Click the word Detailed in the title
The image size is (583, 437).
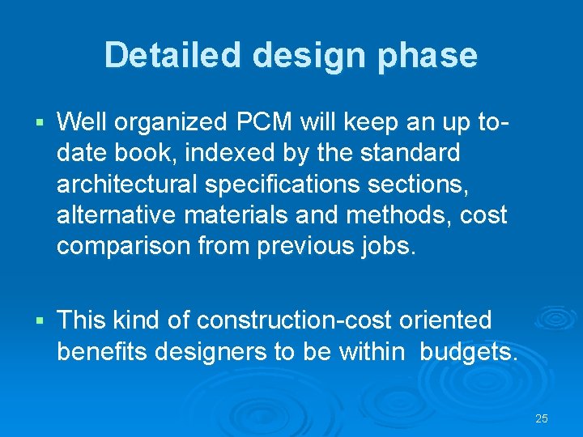click(x=173, y=55)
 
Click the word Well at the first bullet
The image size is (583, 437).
click(x=83, y=122)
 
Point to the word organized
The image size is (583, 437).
click(x=172, y=122)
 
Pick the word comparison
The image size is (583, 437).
click(x=124, y=245)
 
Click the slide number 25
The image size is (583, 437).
click(x=542, y=418)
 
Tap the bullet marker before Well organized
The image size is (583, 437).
click(x=39, y=124)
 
